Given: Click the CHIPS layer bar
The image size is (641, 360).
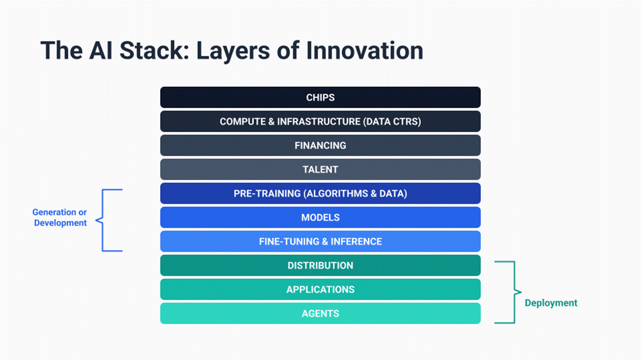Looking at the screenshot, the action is pos(320,97).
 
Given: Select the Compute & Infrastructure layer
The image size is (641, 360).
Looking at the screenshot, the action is pos(320,122).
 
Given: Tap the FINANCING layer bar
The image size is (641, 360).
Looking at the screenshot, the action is pos(320,145).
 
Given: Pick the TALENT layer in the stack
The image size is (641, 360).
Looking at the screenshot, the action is pos(320,169).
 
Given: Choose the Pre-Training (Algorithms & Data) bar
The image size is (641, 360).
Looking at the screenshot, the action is pos(320,193).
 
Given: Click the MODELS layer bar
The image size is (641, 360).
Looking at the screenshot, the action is pos(320,217).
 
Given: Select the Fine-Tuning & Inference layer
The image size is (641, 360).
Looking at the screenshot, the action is pos(320,241).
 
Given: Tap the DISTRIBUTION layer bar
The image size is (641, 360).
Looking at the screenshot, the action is pos(320,265).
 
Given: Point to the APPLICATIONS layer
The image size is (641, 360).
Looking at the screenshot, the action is pos(320,289).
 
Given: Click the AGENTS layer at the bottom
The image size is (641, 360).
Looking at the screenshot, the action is pos(320,314).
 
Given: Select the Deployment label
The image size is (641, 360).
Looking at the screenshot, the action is pos(551,303).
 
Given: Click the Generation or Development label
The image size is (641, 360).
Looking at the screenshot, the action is pos(60,218).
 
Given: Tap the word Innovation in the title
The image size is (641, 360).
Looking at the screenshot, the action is pos(365,51).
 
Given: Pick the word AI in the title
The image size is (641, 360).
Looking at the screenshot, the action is pos(100,51).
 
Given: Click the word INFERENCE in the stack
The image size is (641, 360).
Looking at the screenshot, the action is pos(356,241).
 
